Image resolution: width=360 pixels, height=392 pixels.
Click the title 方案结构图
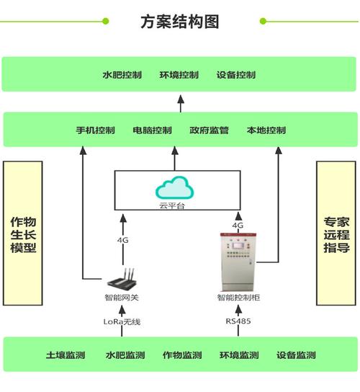179,21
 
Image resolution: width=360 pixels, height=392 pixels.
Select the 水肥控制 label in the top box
122,75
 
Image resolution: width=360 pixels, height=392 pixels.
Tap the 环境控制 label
179,75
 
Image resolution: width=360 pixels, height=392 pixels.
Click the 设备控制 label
235,75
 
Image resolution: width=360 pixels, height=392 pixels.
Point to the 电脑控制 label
152,130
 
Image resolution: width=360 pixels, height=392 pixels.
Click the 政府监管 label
209,130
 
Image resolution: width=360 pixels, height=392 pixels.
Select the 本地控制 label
266,130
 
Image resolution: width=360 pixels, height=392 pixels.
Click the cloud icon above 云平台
175,189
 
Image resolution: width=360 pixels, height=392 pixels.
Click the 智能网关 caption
122,297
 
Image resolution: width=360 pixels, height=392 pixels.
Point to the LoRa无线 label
122,321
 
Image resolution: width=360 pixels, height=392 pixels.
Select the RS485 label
238,321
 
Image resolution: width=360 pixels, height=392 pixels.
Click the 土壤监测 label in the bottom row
66,355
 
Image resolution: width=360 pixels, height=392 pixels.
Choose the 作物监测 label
181,355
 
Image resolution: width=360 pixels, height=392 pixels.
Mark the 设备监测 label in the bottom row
296,355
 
